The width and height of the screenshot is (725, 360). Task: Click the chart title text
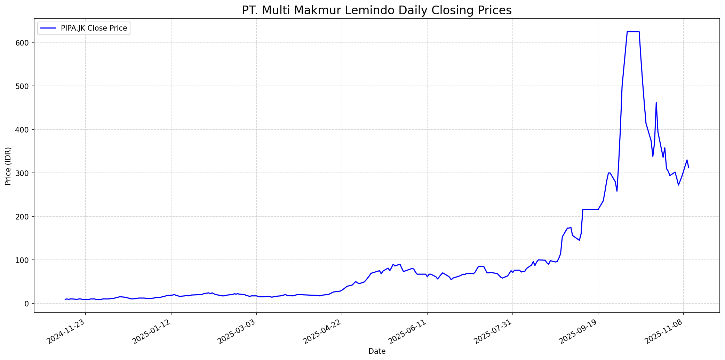pos(377,10)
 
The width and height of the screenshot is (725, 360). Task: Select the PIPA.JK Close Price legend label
pos(94,28)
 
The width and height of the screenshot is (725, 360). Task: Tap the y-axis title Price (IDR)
pos(8,166)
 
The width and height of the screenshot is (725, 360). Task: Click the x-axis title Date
pos(377,351)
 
